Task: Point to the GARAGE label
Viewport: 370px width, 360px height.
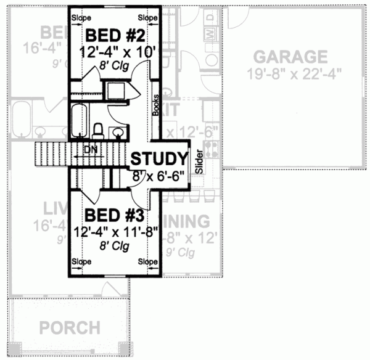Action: point(290,57)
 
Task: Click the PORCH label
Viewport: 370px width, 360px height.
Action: point(69,327)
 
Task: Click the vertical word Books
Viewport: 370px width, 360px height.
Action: point(157,105)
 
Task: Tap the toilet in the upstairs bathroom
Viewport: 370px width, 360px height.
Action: point(97,130)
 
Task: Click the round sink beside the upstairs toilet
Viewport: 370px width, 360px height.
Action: point(117,131)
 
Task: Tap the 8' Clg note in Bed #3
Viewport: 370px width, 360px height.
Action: point(114,246)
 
